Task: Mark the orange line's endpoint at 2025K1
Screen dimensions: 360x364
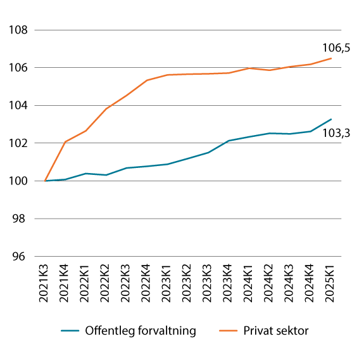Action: point(331,58)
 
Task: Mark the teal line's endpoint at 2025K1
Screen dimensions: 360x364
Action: point(331,119)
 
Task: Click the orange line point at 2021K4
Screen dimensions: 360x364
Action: point(65,142)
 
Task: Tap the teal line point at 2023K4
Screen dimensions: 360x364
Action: point(229,141)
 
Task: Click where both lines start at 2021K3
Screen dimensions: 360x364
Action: point(45,181)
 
